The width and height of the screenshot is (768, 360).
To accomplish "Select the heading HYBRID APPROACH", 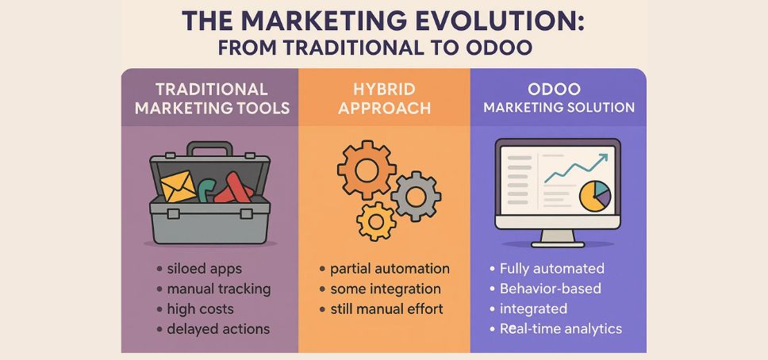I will [385, 98].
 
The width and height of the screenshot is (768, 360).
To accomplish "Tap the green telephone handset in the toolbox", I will [206, 191].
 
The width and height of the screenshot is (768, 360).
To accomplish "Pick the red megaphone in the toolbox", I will [236, 189].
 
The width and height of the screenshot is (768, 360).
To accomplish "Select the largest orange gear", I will [366, 169].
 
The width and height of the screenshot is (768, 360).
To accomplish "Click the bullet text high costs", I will [202, 308].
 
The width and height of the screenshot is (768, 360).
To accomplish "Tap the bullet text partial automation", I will [390, 269].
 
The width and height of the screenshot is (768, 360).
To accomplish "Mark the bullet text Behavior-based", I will [550, 289].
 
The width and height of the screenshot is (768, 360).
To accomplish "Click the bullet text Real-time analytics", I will [560, 328].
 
